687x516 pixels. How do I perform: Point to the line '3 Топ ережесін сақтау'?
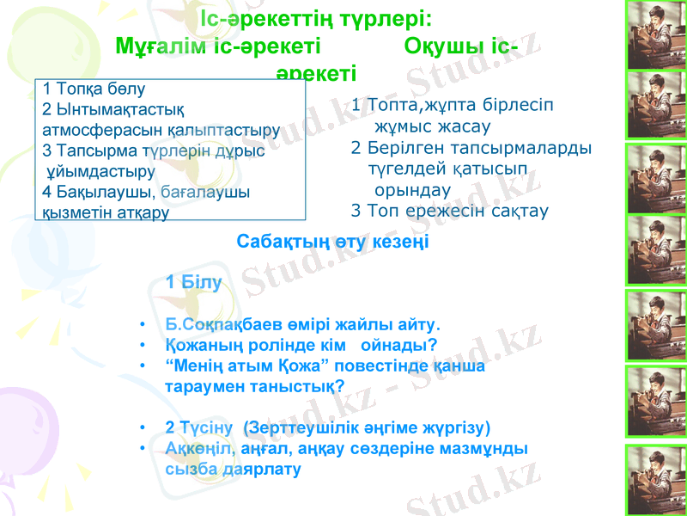pos(450,209)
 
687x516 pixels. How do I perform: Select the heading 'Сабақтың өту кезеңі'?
pos(332,242)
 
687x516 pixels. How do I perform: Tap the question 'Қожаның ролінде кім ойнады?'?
pos(301,346)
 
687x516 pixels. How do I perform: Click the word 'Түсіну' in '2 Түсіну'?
pos(208,427)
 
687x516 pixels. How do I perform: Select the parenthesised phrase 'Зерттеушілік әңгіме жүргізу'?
pos(368,427)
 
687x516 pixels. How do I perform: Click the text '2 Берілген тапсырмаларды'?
pos(471,146)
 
